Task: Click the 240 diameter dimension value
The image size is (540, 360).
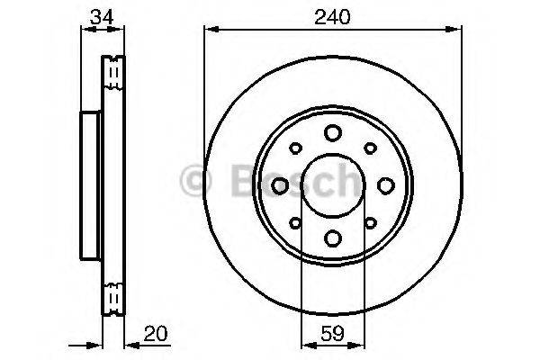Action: point(332,14)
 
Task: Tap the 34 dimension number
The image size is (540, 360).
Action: point(101,14)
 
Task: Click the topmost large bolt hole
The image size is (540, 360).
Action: point(332,132)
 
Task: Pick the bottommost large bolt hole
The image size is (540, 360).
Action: point(332,238)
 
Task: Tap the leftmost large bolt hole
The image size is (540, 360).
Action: point(279,184)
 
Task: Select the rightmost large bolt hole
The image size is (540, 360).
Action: point(385,184)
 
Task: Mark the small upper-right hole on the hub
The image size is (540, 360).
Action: point(370,148)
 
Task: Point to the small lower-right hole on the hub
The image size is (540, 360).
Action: point(370,222)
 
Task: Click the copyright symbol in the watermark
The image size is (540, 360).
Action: point(195,180)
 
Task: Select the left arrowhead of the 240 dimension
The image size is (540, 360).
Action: point(210,30)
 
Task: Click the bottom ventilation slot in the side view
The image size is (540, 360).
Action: point(113,298)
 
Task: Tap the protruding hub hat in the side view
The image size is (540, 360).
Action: point(89,184)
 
